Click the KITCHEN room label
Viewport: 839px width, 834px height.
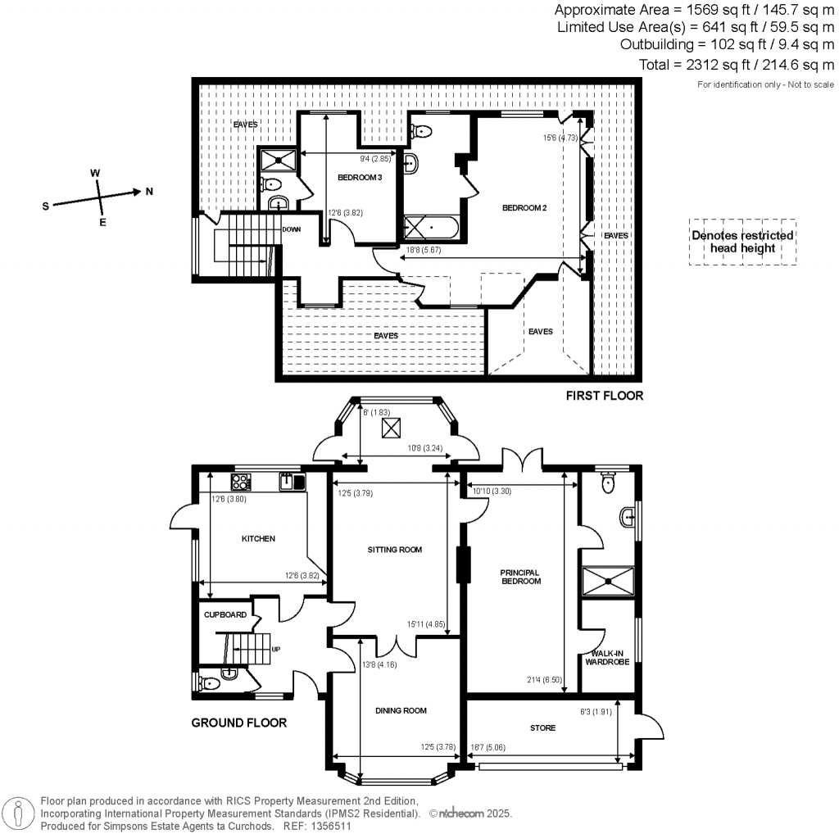tap(257, 539)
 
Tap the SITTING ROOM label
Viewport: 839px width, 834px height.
tap(395, 550)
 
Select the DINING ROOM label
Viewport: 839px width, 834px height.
tap(401, 710)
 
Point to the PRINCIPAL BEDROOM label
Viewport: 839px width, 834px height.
tap(520, 576)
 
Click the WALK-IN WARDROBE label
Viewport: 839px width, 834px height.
tap(606, 657)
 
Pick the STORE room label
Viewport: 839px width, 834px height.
tap(542, 727)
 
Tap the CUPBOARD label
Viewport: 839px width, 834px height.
tap(224, 614)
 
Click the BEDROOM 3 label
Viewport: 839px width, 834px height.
tap(359, 177)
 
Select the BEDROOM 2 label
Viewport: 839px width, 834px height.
tap(524, 208)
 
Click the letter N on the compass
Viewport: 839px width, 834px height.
tap(148, 192)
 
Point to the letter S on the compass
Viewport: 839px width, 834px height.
tap(46, 206)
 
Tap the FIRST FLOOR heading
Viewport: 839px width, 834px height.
tap(605, 396)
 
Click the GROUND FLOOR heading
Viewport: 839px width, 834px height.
tap(238, 723)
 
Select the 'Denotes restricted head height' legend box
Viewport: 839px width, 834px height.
tap(742, 242)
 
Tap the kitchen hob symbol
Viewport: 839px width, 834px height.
tap(243, 480)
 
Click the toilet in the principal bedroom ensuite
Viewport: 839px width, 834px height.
tap(607, 484)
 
